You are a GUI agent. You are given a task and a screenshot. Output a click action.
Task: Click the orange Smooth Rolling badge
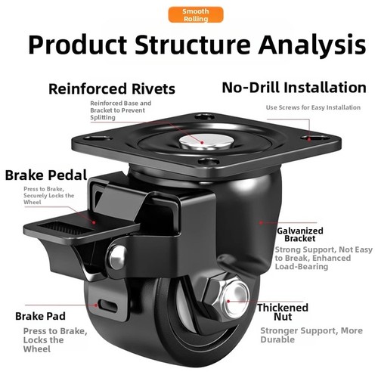tap(196, 15)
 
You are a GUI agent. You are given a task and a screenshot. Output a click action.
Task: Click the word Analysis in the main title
tap(312, 45)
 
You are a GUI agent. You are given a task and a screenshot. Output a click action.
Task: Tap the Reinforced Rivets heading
tap(112, 88)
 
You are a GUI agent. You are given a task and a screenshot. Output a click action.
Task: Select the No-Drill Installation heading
tap(294, 88)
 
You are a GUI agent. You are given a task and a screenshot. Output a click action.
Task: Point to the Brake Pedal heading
tap(46, 175)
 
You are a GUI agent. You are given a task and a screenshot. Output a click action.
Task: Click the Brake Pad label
tap(40, 316)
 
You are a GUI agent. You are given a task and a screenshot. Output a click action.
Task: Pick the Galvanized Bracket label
tap(300, 234)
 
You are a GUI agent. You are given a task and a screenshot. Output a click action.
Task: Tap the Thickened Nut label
tap(283, 312)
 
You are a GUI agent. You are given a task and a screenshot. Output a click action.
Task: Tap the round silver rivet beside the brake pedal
tap(117, 257)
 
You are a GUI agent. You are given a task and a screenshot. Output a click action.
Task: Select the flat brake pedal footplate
tap(81, 229)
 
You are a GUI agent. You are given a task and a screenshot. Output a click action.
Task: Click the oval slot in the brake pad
tap(108, 306)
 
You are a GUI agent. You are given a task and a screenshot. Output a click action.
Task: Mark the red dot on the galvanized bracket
tap(261, 222)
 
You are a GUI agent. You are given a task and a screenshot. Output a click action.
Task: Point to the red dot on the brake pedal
tap(94, 222)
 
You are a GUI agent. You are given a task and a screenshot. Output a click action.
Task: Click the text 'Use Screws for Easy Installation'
tap(313, 107)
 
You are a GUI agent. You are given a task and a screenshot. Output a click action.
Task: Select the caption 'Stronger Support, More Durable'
tap(311, 335)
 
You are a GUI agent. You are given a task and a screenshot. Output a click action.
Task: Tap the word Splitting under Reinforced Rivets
tap(103, 117)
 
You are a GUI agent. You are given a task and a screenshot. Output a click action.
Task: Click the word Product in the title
tap(78, 45)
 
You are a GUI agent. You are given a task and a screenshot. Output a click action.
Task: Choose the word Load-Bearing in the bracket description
tap(302, 266)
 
